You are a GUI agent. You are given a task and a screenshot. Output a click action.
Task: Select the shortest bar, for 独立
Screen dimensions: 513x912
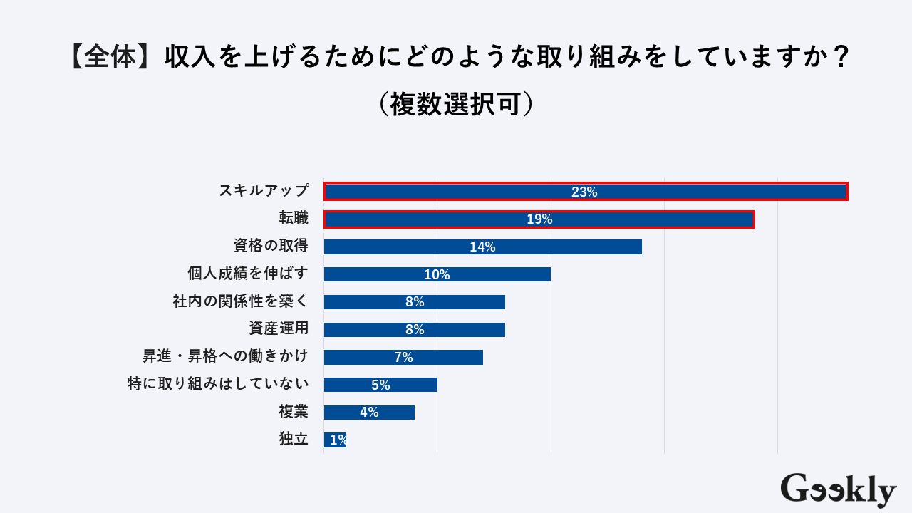coord(335,440)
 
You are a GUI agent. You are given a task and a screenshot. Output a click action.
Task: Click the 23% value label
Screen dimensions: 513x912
coord(584,192)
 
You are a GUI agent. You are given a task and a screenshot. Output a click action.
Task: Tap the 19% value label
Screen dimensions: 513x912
coord(539,219)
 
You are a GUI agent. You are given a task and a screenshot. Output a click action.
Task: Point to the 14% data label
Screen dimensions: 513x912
coord(482,247)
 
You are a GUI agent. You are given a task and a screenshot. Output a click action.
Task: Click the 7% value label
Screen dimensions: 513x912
coord(403,358)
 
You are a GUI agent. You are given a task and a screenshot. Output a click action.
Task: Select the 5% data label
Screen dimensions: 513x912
coord(380,385)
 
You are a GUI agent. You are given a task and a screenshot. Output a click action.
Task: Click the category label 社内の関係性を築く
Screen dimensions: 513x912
coord(241,301)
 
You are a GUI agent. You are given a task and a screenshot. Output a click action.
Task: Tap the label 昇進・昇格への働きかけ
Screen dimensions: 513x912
coord(225,357)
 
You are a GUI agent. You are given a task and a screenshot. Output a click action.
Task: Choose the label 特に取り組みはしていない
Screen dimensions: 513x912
coord(218,385)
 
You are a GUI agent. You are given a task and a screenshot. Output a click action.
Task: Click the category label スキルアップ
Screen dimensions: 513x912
coord(264,191)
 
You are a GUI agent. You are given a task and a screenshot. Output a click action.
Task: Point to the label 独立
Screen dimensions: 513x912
coord(294,440)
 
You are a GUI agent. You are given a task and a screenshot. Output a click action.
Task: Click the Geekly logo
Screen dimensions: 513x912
coord(838,489)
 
